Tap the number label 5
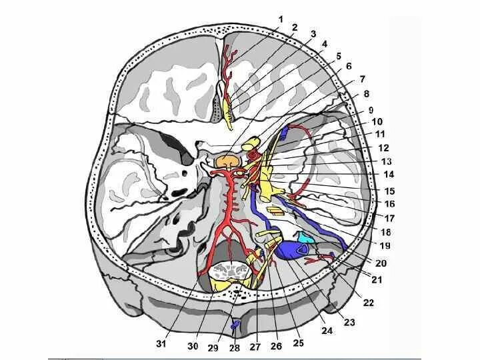[339, 55]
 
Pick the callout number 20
[381, 263]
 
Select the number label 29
[213, 346]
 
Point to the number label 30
[193, 346]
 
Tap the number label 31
[161, 344]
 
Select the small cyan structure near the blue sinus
[305, 237]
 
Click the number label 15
[390, 191]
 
